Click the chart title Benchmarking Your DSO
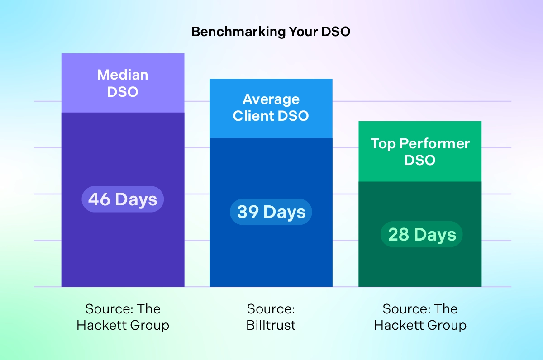tap(271, 32)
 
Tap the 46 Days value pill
tap(123, 199)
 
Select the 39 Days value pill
tap(271, 212)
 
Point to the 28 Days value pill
tap(422, 235)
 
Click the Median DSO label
tap(123, 83)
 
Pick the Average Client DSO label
tap(271, 107)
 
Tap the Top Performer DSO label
tap(420, 152)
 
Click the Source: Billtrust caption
tap(271, 317)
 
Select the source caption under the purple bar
tap(123, 317)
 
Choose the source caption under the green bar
tap(420, 317)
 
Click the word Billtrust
tap(271, 325)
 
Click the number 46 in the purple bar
tap(99, 199)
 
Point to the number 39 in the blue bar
tap(248, 212)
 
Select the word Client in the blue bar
tap(252, 115)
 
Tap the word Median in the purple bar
tap(123, 75)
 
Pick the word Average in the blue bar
tap(271, 99)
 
